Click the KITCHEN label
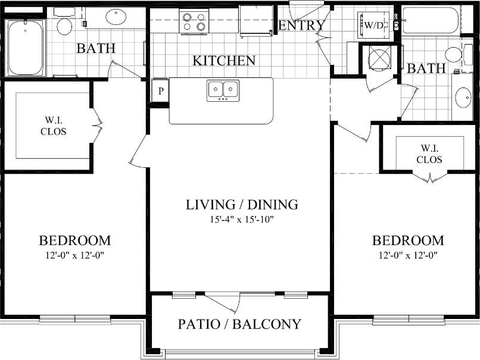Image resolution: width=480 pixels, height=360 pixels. [224, 61]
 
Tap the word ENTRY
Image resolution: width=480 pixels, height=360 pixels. [302, 26]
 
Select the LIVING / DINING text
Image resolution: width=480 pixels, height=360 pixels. [242, 205]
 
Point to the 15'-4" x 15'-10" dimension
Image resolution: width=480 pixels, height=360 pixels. [242, 220]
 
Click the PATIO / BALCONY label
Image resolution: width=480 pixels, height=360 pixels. [239, 324]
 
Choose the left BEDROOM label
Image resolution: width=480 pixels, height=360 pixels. [74, 241]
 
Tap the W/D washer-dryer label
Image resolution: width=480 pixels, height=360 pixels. [374, 26]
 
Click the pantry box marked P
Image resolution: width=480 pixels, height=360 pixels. [160, 91]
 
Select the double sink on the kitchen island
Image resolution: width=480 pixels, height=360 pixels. [223, 90]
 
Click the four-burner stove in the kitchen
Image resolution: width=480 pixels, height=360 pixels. [194, 21]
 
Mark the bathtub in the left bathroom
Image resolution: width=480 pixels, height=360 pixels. [25, 48]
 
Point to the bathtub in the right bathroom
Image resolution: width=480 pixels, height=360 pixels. [430, 20]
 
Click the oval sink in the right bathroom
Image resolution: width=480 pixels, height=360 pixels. [463, 97]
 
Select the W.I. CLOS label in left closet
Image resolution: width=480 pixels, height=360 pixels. [53, 126]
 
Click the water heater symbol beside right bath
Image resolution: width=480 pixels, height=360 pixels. [378, 58]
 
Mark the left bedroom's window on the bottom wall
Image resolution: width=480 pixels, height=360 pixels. [75, 320]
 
